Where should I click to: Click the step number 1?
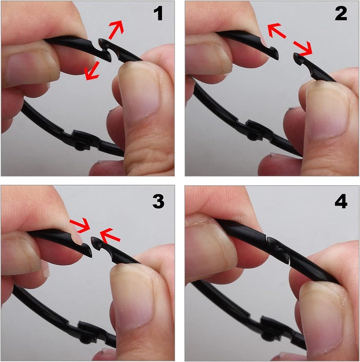pos(158,13)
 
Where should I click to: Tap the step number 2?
pos(341,13)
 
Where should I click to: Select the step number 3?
pos(158,201)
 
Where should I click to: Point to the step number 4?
pos(341,201)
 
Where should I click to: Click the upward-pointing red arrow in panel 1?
pos(117,29)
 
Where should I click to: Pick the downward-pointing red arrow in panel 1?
pos(92,71)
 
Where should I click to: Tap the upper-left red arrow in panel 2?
pos(276,30)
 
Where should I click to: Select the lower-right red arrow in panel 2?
pos(303,48)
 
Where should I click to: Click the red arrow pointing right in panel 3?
pos(80,225)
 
